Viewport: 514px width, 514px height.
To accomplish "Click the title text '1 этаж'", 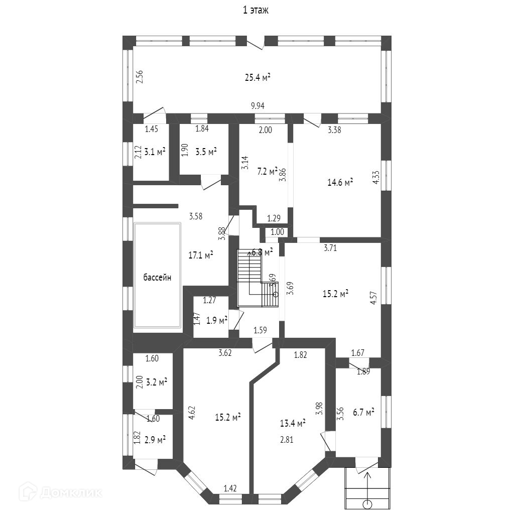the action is (256, 11).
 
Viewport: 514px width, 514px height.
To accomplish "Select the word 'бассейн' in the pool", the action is (157, 277).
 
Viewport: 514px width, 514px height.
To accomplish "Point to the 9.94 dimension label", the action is (258, 106).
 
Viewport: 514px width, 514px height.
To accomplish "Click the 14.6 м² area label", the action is (340, 182).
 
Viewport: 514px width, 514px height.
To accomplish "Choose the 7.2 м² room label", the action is (267, 172).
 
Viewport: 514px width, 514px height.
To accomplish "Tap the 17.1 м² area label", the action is (201, 255).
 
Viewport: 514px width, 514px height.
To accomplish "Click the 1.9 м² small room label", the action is (217, 319).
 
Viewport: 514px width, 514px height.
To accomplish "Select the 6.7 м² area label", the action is (363, 413).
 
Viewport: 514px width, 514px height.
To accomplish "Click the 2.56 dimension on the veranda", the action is (140, 76).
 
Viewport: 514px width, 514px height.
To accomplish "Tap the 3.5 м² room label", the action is (206, 151).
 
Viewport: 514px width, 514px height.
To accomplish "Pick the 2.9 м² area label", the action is (155, 440).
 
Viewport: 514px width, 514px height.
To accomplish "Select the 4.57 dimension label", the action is (373, 295).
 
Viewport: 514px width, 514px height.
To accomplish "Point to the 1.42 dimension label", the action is (230, 487).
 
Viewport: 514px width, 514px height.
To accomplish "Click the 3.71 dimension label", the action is (330, 247).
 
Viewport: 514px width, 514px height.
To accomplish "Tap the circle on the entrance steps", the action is (368, 503).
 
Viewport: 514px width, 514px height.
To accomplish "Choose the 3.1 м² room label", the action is (155, 151).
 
